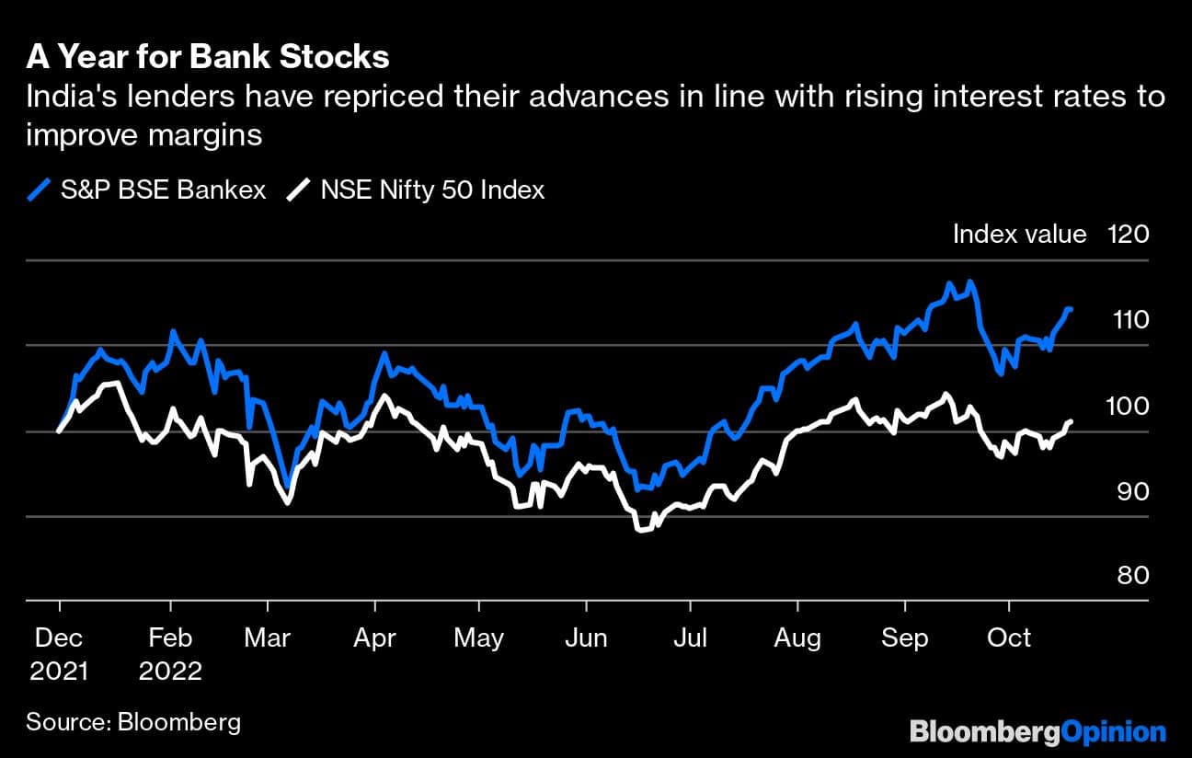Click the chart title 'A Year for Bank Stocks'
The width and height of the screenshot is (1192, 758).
point(208,58)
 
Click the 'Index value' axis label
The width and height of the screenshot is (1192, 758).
point(1019,235)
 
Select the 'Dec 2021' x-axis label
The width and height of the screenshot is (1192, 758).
point(59,654)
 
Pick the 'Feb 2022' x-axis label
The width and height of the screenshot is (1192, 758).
point(170,654)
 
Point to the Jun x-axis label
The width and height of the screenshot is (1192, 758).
point(586,638)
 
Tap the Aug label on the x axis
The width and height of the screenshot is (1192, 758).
point(797,638)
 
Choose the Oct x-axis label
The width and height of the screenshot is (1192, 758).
point(1009,638)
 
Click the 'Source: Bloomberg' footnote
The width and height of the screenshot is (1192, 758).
point(133,722)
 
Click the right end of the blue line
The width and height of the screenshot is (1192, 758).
point(1070,309)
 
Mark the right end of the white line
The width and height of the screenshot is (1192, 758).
point(1070,421)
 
